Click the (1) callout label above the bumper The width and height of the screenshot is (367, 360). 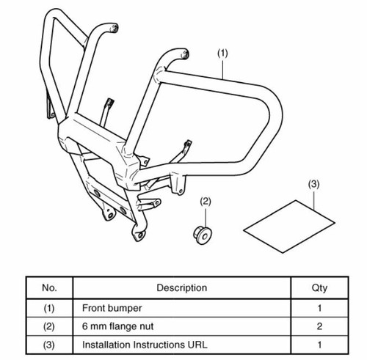pos(222,54)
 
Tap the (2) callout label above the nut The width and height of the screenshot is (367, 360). pos(206,202)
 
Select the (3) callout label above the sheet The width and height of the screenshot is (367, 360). pos(313,184)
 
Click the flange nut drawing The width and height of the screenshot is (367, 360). pos(203,235)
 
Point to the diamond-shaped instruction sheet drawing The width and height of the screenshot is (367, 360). pos(289,227)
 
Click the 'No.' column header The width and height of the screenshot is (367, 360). pos(49,287)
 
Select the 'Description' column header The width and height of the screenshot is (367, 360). pos(182,287)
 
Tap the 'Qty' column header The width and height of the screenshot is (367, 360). pos(319,288)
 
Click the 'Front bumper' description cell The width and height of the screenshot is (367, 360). pos(112,308)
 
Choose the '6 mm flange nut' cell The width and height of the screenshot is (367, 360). pos(117,326)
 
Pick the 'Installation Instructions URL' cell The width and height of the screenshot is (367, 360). pos(145,345)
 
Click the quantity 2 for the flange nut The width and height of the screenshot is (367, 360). pos(319,326)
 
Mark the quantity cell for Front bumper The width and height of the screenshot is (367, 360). pos(319,308)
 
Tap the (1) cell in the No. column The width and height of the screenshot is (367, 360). pos(49,308)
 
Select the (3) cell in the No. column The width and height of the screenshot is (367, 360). pos(49,345)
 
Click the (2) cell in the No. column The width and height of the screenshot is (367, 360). pos(49,326)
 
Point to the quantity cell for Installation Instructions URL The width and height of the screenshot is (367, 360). pos(319,345)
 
